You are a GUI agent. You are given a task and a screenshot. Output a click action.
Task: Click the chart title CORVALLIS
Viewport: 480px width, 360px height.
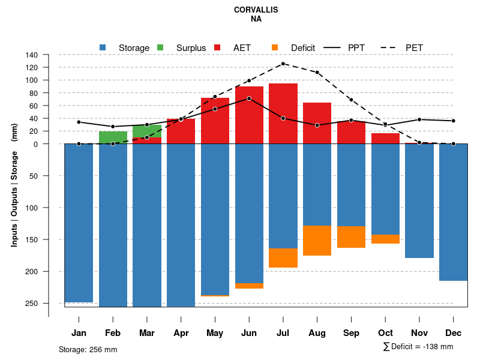click(256, 10)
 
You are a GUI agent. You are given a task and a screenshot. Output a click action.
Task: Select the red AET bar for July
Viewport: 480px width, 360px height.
click(283, 113)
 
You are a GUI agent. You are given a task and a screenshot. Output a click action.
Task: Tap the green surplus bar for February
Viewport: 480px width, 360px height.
click(113, 137)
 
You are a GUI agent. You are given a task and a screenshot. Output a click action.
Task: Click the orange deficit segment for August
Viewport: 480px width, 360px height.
click(317, 241)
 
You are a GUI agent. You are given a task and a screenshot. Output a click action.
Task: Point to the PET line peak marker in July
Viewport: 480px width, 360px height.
click(283, 64)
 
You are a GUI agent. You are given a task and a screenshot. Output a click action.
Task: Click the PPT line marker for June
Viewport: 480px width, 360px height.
click(249, 98)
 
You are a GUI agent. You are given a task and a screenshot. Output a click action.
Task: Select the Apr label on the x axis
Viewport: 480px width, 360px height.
click(181, 333)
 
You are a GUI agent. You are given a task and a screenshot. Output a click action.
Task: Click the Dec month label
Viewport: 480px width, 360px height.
click(454, 333)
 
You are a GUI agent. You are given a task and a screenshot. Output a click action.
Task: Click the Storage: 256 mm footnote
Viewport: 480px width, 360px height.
click(88, 349)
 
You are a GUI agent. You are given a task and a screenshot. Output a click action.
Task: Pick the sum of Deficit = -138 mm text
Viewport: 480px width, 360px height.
click(418, 347)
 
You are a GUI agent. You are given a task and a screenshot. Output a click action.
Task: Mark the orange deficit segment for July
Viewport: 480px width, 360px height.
click(283, 258)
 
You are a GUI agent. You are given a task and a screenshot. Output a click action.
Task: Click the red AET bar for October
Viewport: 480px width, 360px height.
click(385, 139)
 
